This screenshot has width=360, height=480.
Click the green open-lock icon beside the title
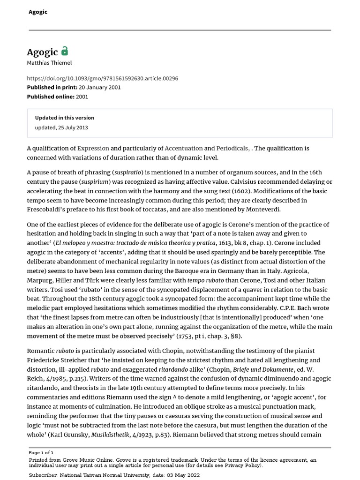point(65,51)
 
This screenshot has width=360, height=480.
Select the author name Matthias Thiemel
point(49,63)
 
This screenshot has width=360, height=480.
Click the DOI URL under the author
point(102,79)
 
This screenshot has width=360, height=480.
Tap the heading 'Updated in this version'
point(64,118)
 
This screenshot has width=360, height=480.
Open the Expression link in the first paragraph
point(93,148)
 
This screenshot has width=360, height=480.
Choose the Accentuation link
point(184,148)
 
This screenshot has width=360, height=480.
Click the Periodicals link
point(232,148)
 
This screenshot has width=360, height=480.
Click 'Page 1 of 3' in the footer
point(41,453)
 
